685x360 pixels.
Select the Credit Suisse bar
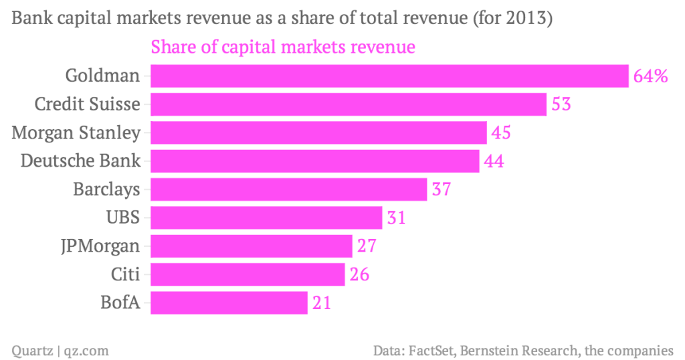[x=349, y=104]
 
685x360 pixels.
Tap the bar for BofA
[x=229, y=303]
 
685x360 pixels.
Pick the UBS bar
[x=266, y=218]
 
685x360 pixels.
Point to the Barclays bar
[x=288, y=189]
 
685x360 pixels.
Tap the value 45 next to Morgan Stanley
[x=501, y=132]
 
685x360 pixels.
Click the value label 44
[x=494, y=161]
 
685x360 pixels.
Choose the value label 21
[x=321, y=303]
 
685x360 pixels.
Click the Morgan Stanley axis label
[x=76, y=132]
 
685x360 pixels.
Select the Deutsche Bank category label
[x=81, y=161]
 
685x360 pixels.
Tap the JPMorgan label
[x=100, y=246]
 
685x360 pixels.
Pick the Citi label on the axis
[x=126, y=274]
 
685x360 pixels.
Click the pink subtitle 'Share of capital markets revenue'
[x=284, y=48]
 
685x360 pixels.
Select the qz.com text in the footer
[x=86, y=350]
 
